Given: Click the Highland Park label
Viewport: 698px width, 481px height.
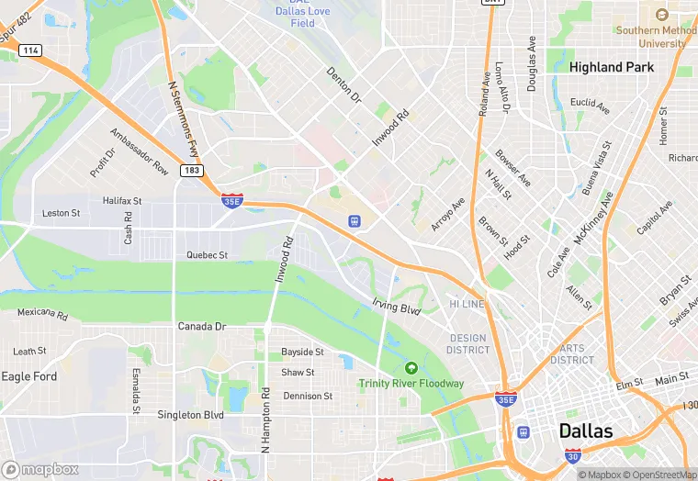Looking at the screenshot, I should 611,67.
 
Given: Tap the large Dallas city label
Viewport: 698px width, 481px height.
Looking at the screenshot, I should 586,431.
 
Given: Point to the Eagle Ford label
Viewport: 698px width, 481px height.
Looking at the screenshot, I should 29,376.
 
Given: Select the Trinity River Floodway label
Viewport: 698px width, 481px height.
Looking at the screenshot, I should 411,384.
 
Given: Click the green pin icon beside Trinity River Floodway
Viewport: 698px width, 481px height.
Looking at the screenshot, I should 411,368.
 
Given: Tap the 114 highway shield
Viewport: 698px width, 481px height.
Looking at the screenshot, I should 31,50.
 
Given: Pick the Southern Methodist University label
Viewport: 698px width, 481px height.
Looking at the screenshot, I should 650,37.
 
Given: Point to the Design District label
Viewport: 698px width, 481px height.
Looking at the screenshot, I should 467,344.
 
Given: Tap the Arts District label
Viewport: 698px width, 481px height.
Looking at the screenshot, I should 572,353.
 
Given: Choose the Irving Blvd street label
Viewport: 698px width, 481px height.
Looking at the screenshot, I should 396,307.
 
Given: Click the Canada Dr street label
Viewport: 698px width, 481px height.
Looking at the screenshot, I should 201,326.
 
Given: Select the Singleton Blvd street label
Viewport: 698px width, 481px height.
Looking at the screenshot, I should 190,415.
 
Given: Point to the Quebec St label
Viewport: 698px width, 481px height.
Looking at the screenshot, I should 207,254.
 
